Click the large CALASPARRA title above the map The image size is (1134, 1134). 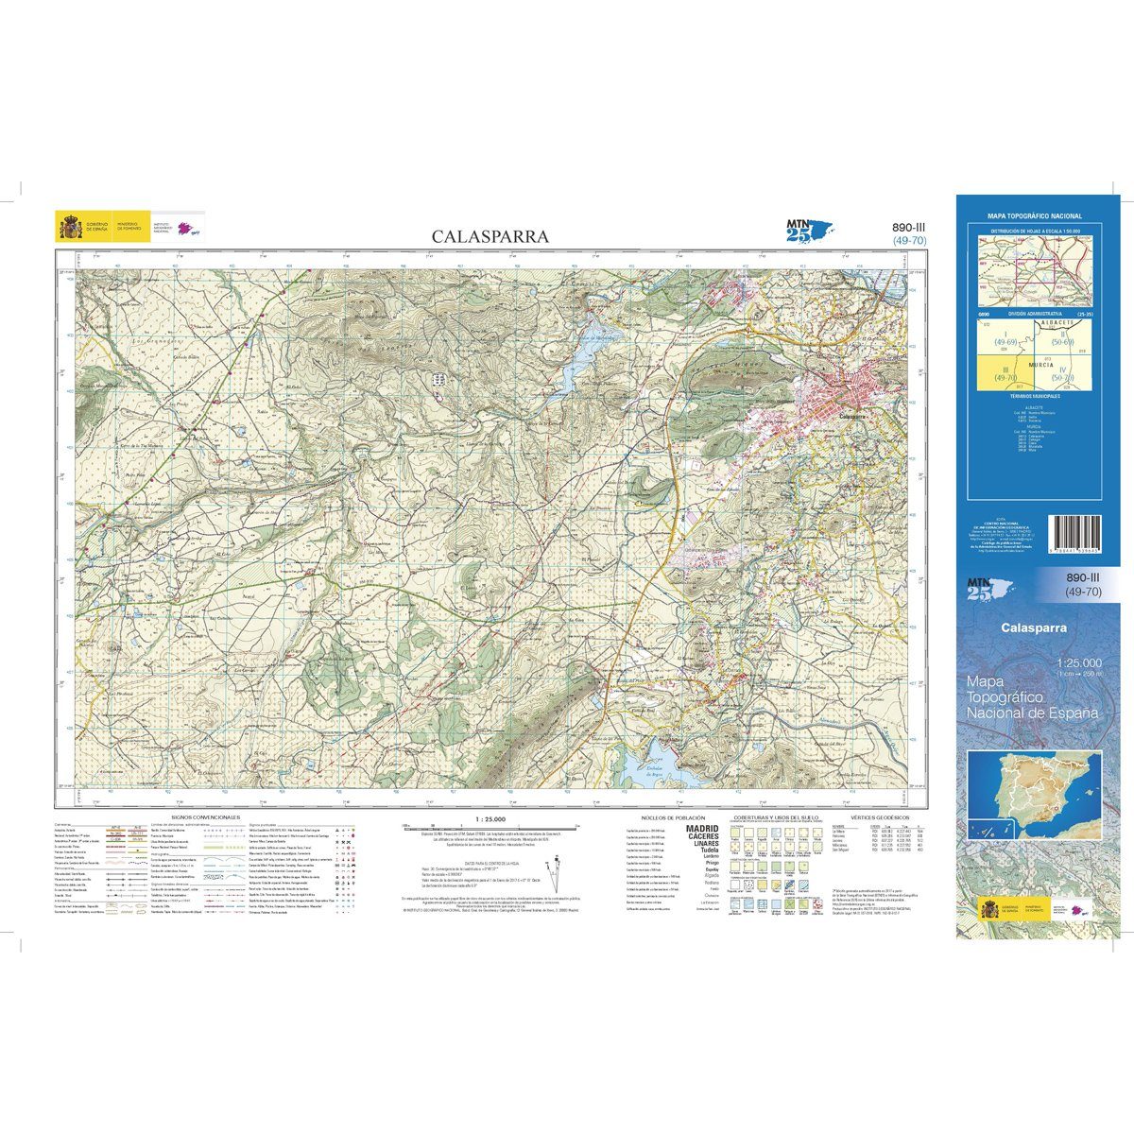tap(490, 236)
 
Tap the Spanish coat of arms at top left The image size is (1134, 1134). tap(70, 228)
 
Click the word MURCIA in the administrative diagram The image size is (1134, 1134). tap(1035, 362)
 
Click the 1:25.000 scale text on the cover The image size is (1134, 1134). tap(1080, 661)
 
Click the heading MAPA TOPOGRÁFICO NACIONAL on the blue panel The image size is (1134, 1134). tap(1034, 216)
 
